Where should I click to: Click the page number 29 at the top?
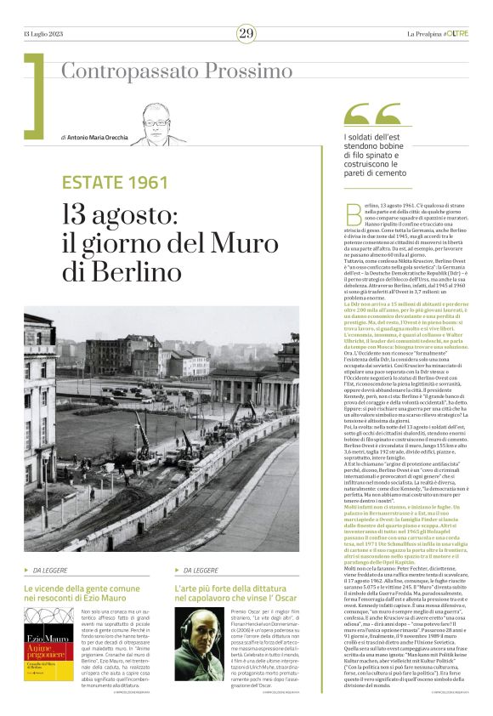[246, 33]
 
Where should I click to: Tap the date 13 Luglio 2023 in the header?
[45, 33]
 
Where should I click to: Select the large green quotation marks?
[373, 116]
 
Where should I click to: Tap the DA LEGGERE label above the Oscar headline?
[201, 570]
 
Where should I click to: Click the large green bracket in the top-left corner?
[35, 94]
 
